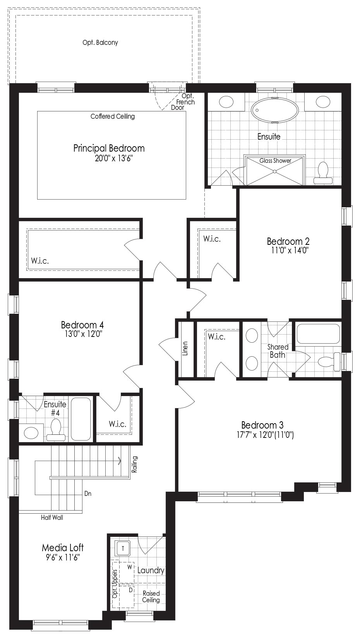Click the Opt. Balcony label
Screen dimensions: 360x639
coord(100,43)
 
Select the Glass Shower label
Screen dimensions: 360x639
coord(275,161)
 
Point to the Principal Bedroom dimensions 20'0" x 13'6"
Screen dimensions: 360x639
coord(114,158)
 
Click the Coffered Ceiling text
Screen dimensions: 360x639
coord(113,116)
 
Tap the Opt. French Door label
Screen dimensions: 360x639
coord(185,102)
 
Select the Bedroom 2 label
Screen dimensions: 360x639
coord(288,241)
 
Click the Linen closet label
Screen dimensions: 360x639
coord(185,348)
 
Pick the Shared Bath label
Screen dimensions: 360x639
coord(278,351)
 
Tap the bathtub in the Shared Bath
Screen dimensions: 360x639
coord(318,333)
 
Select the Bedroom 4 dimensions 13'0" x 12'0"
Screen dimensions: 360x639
coord(83,334)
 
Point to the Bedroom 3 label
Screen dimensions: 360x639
coord(262,425)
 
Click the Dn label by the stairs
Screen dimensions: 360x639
coord(87,494)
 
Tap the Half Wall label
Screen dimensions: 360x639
coord(52,518)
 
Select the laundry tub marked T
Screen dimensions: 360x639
coord(123,548)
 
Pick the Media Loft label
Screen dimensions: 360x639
coord(63,548)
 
